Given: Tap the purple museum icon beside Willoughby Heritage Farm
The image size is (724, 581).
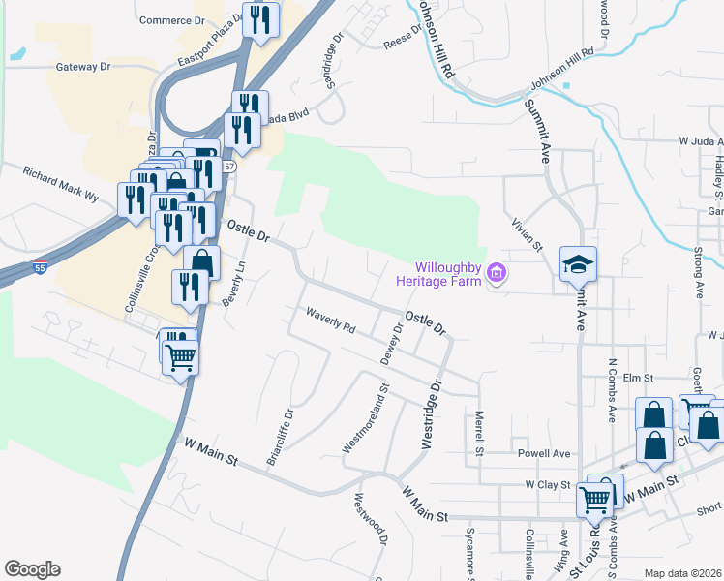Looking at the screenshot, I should [x=498, y=273].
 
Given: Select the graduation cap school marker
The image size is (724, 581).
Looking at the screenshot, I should [x=578, y=263].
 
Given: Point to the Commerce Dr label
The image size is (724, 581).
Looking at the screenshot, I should [x=173, y=19].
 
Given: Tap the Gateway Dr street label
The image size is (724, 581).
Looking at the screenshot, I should [x=84, y=67].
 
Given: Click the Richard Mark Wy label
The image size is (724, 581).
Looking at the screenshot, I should [x=61, y=181].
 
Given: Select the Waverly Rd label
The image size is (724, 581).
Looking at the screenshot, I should [x=331, y=321].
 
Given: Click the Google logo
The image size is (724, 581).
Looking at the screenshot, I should [x=32, y=569].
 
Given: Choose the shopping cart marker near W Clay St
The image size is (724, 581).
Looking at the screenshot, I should [x=594, y=499].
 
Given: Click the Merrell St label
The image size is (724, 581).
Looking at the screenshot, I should [x=478, y=433].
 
